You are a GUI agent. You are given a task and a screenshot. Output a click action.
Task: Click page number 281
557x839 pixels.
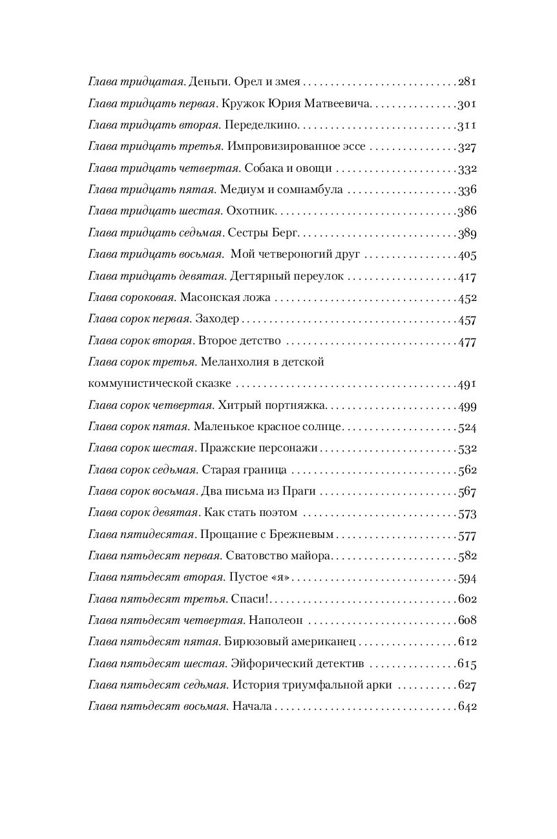tap(467, 82)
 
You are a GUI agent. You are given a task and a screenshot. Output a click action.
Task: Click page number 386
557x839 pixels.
tap(467, 211)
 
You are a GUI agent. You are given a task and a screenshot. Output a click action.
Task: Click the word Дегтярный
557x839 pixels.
tap(257, 276)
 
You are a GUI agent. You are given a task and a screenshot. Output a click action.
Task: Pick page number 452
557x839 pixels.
tap(467, 298)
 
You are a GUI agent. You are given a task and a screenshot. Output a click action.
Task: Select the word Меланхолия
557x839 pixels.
tap(231, 362)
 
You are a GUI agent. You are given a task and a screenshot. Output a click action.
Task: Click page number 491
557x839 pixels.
tap(467, 384)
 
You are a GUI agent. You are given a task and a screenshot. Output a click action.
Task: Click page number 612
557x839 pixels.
tap(467, 643)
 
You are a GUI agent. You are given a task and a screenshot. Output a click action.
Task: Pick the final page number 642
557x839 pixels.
tap(467, 707)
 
